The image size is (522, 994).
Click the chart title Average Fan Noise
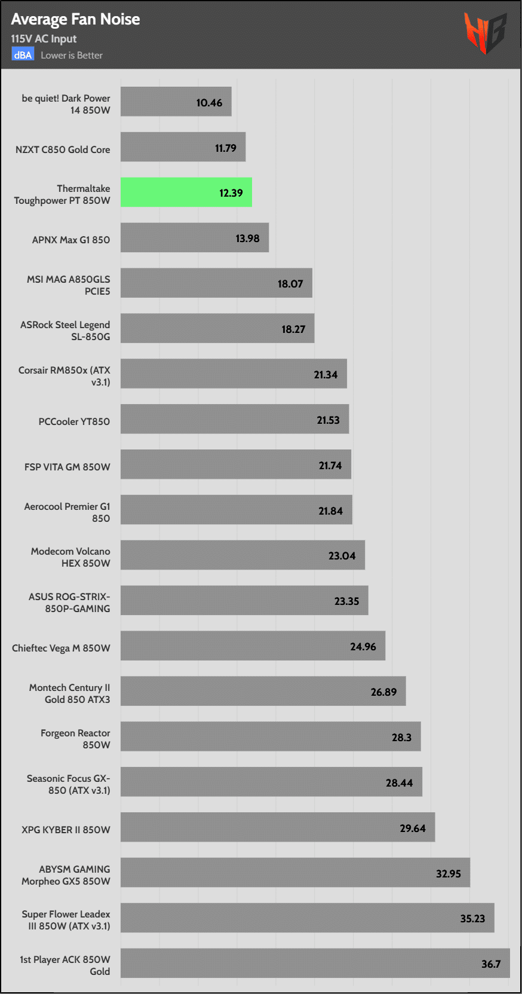pos(75,19)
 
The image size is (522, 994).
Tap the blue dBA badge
pos(23,55)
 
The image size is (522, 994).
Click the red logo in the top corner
pos(485,33)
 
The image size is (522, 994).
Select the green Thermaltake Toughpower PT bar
pos(186,192)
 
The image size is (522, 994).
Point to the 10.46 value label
pos(209,103)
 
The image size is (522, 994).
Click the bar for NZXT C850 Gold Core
pos(183,147)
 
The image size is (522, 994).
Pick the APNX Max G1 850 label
pos(71,240)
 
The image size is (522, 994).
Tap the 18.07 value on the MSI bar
pos(290,284)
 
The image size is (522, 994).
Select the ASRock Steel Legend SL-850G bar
pos(217,329)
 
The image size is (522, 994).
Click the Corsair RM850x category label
pos(65,376)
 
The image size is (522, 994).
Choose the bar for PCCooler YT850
pos(235,420)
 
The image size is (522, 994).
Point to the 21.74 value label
pos(330,466)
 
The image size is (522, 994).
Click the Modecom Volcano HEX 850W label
pos(70,557)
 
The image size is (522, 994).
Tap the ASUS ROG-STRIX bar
pos(244,601)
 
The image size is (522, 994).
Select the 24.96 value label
pos(363,647)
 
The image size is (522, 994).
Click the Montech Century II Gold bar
pos(263,692)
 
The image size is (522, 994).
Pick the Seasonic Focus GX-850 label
pos(69,784)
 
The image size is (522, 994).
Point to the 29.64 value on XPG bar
pos(413,828)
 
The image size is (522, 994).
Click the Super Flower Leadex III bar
pos(307,918)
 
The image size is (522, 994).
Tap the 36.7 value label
pos(491,964)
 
